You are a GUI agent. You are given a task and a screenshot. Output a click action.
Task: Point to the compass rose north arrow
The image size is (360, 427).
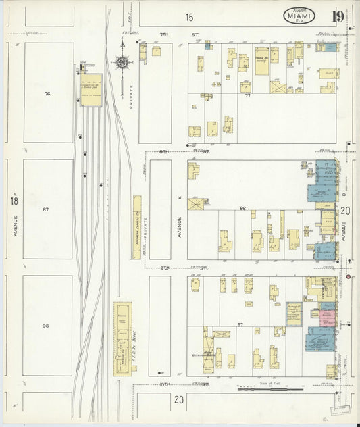122,63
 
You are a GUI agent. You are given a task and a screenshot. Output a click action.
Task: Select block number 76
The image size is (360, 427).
47,93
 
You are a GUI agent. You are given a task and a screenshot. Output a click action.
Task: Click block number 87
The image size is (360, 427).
46,210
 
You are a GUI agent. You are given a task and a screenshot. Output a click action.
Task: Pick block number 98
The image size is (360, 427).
46,326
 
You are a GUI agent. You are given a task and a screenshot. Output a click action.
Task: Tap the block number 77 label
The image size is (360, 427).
248,96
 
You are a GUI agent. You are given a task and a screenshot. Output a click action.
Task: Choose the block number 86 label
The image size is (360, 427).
242,209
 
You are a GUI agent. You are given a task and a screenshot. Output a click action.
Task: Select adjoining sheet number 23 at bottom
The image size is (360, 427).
178,400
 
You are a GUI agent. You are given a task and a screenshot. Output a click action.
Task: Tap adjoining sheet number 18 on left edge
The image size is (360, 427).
14,201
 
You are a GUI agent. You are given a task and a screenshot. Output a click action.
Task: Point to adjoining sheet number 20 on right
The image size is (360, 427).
346,210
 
